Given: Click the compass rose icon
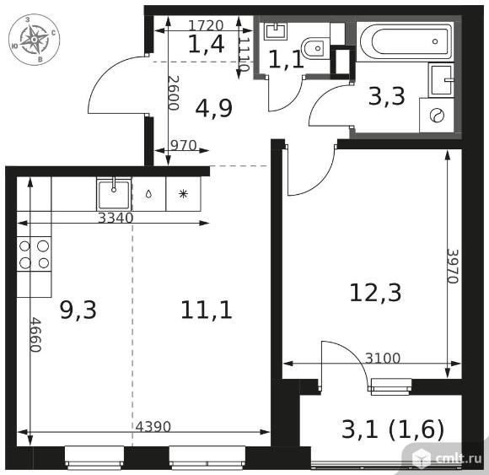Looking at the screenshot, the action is [34, 40].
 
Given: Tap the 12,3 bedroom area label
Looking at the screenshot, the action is [375, 293].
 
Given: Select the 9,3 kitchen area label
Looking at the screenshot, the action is [78, 310].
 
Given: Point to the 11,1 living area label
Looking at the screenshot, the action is [207, 310].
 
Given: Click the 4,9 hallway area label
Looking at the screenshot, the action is [214, 108].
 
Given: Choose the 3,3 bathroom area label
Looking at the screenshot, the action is [387, 96].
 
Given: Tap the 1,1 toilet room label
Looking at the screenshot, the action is [286, 59].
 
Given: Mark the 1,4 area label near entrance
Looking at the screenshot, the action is [207, 44].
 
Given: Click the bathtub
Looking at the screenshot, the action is [406, 41].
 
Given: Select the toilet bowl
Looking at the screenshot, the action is [316, 48].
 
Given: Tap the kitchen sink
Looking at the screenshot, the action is [114, 194].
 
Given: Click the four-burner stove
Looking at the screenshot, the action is [34, 254].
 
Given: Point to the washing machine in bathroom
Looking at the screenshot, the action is [437, 116].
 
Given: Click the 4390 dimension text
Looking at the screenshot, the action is [153, 427].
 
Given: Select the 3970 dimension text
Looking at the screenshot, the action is [453, 266].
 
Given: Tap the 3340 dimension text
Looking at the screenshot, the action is [116, 218].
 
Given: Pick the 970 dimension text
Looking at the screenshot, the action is [184, 145].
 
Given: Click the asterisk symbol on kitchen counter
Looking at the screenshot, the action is [184, 194].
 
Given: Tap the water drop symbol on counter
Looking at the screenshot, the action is [148, 194].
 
